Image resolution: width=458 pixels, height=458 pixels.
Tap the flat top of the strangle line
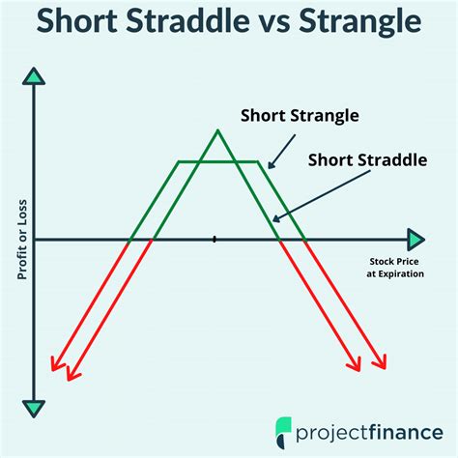[218, 161]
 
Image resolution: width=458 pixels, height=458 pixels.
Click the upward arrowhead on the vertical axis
[35, 76]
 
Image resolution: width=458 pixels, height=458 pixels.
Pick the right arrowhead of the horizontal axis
[415, 239]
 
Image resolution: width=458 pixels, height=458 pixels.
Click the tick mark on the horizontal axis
[215, 239]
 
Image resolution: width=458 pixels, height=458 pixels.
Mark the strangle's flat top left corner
[177, 161]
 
